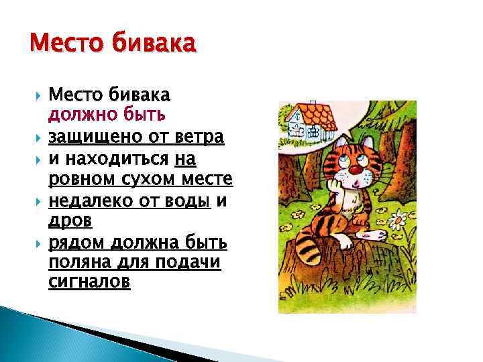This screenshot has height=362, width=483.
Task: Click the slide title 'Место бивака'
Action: tap(113, 45)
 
